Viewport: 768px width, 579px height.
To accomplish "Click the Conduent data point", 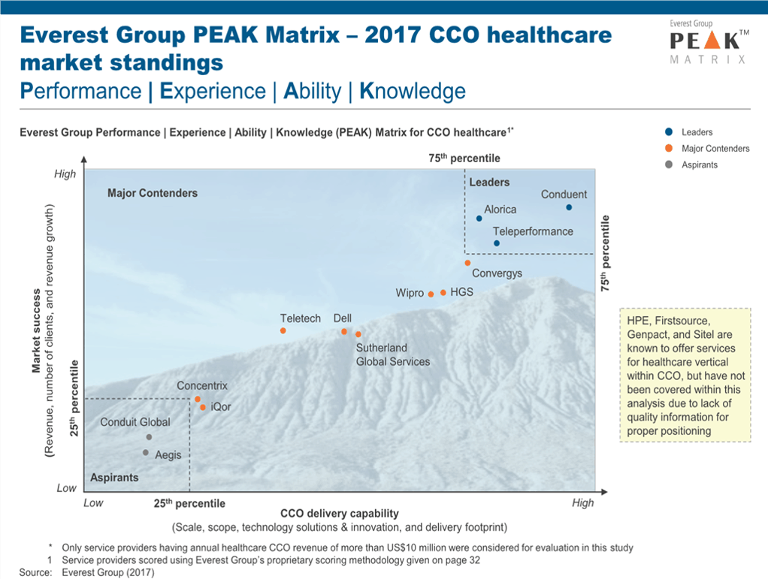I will click(x=569, y=207).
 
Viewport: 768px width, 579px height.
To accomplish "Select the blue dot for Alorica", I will click(x=479, y=219).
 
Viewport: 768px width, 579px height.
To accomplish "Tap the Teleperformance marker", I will click(x=497, y=243).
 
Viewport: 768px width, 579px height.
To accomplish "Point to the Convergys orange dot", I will click(x=467, y=263).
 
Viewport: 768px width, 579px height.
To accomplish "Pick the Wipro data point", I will click(x=431, y=294).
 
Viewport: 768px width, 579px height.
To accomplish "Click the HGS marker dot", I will click(x=443, y=292).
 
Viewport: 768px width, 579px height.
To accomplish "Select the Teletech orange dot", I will click(x=283, y=330).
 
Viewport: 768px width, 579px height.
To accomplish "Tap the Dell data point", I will click(x=344, y=331).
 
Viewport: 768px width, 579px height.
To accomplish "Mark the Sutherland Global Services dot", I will click(x=358, y=334).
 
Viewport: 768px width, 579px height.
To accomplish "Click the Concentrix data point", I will click(x=198, y=400).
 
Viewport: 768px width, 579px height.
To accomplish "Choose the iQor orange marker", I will click(x=203, y=407).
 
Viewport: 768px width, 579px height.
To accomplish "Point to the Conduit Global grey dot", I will click(x=149, y=437).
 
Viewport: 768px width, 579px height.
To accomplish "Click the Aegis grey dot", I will click(x=146, y=452).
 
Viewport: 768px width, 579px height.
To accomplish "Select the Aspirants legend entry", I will click(x=691, y=164).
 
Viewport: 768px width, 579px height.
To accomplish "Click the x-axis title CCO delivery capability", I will click(x=340, y=514).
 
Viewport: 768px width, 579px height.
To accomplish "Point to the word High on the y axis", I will click(x=65, y=174).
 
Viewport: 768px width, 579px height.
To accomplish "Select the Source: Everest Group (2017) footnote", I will click(x=86, y=572).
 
